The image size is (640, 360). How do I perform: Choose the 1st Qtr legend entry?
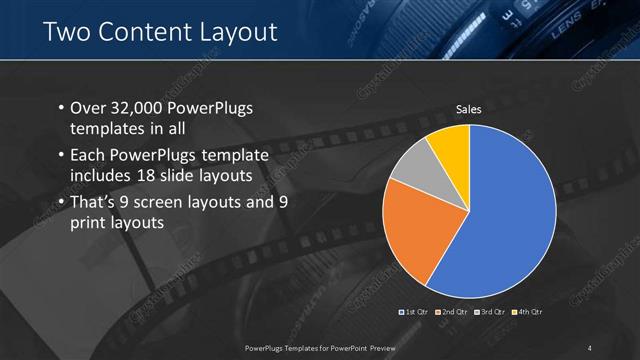(415, 312)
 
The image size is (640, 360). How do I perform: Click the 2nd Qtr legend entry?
(452, 312)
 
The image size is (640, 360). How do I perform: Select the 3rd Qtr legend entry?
(489, 312)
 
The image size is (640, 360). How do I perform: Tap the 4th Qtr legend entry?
(526, 312)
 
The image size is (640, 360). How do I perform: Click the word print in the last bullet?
(86, 223)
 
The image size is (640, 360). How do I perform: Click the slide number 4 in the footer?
(590, 347)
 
